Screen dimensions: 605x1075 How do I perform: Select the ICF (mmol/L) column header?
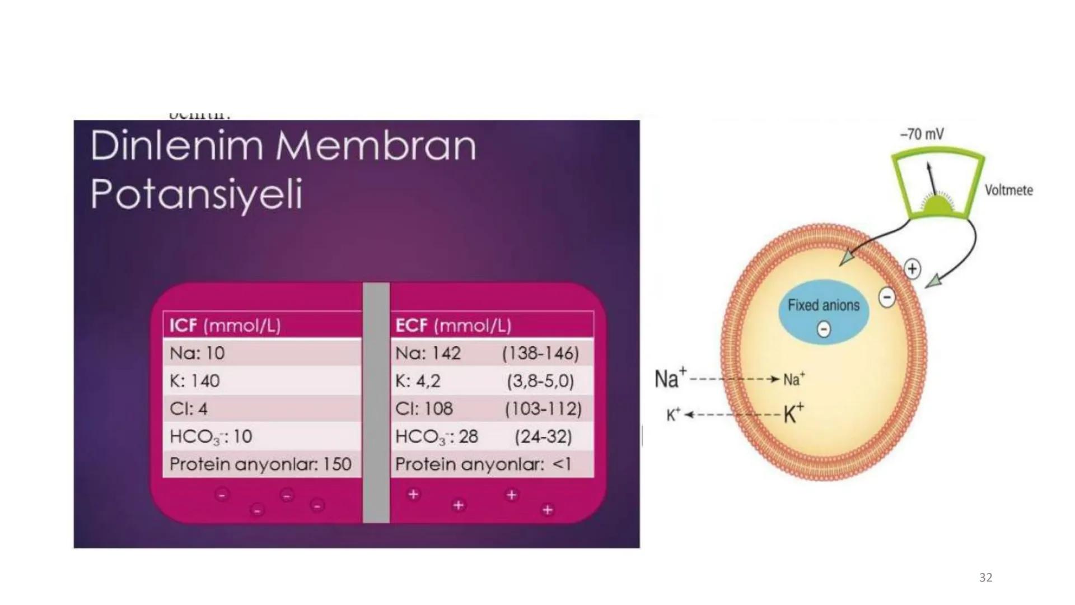click(x=225, y=325)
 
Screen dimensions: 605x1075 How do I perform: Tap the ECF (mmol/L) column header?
click(x=453, y=325)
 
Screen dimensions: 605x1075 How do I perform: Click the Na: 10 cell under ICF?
click(x=197, y=353)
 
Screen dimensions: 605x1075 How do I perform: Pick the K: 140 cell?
click(x=195, y=381)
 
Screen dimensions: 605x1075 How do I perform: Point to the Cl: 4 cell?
click(x=189, y=409)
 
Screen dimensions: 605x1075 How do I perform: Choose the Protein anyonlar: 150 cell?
click(x=260, y=464)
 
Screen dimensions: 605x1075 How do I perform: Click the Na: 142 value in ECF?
click(x=428, y=353)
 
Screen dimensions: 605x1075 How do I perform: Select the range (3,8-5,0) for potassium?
click(x=540, y=381)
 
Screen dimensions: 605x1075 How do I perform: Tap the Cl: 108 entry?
click(x=424, y=409)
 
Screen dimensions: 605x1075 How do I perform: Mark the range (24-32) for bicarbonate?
click(x=543, y=436)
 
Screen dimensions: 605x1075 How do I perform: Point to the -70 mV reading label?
click(x=922, y=134)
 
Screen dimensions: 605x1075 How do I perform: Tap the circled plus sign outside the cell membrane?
click(x=913, y=269)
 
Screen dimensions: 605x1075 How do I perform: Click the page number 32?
click(x=985, y=578)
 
